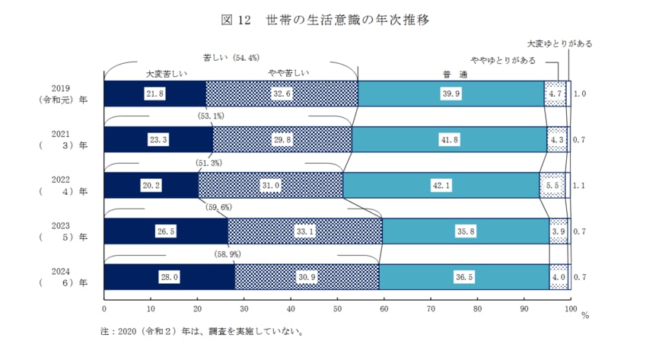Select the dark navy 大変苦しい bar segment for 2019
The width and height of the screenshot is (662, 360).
point(154,94)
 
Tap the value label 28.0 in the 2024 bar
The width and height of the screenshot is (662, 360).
point(169,278)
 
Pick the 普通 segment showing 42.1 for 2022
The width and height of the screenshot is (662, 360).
point(441,186)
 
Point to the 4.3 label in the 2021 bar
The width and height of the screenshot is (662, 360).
point(557,140)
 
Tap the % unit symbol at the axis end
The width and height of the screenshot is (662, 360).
point(585,314)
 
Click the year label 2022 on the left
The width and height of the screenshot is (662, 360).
point(62,180)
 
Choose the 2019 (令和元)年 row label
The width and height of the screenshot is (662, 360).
point(62,94)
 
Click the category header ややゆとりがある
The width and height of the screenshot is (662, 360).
point(503,59)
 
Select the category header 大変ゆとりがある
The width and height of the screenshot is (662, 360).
point(559,43)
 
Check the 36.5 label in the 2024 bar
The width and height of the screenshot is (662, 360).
point(464,278)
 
